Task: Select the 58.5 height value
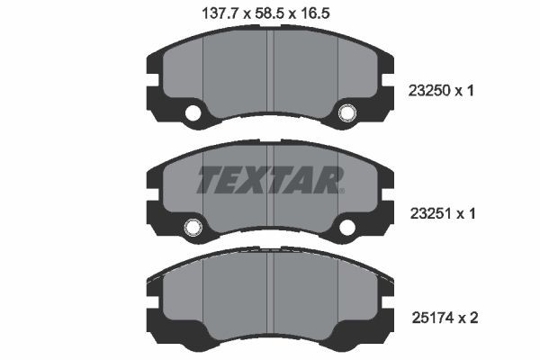tap(270, 13)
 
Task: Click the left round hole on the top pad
tap(192, 113)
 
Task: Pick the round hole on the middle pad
tap(192, 228)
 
